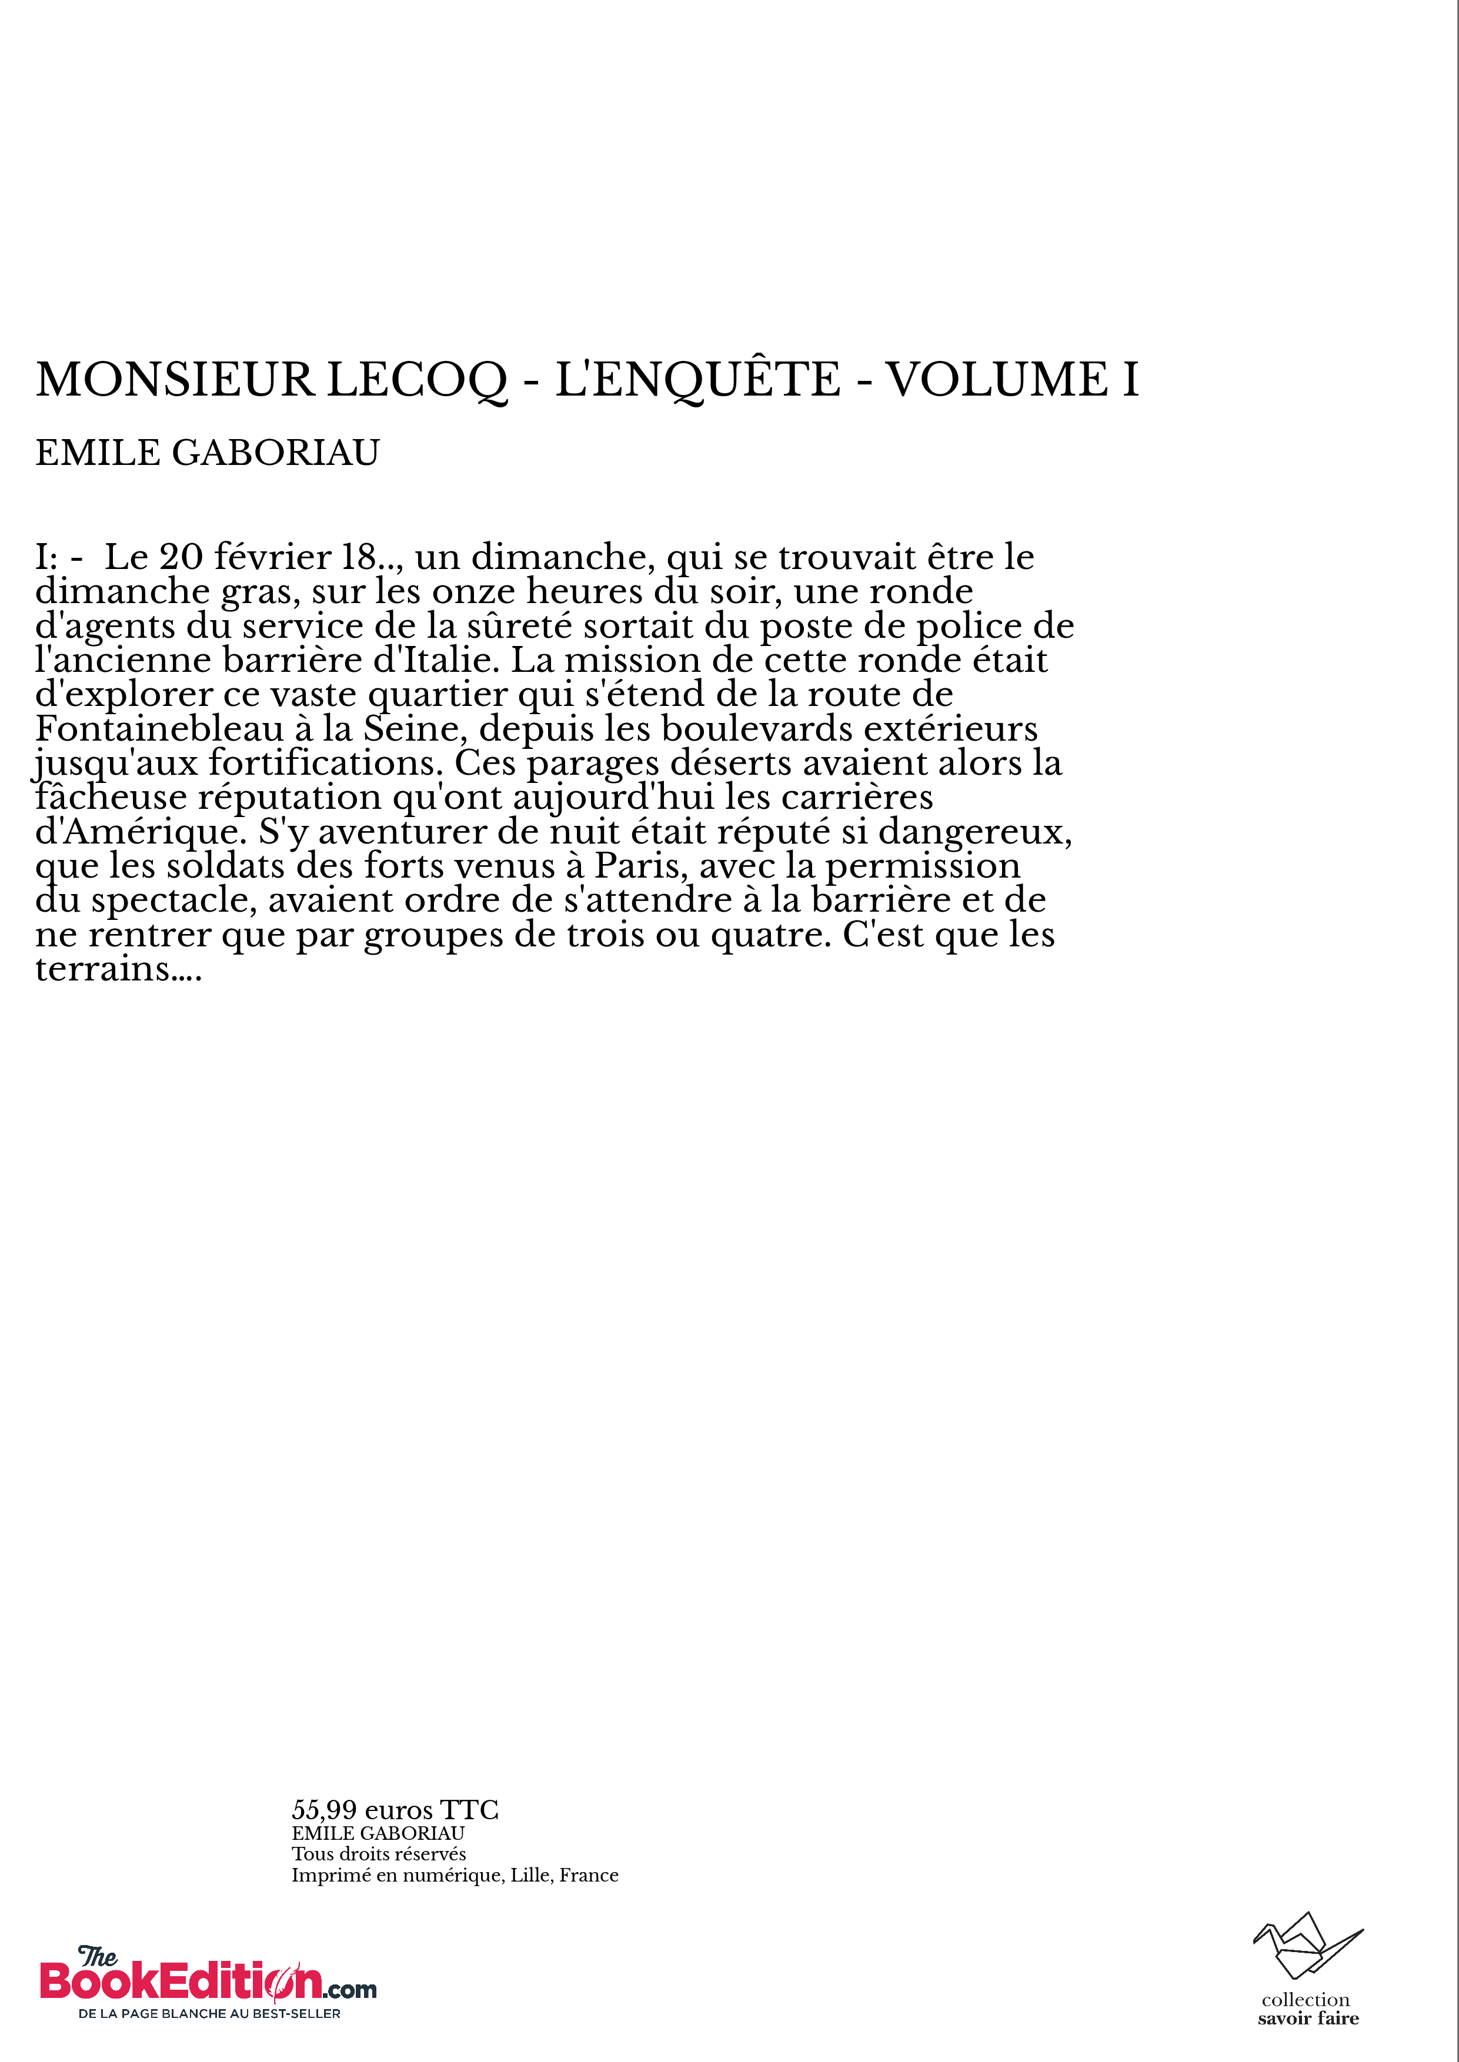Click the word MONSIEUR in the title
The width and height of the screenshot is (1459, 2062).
(174, 380)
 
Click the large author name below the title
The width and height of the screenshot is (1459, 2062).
(208, 453)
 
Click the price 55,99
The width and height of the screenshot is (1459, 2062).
(325, 1810)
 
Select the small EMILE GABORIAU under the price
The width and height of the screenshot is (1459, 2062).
(378, 1833)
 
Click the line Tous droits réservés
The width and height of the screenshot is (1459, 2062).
(378, 1854)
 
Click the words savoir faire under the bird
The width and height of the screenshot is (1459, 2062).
(1308, 2019)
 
